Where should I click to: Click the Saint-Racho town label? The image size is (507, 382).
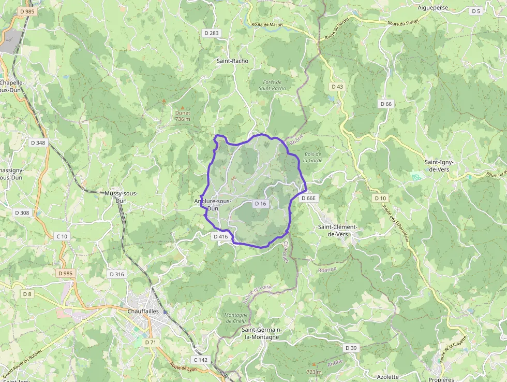232,61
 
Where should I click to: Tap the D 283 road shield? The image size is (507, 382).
212,33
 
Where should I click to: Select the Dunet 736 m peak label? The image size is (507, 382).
183,116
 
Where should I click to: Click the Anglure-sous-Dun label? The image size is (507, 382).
213,205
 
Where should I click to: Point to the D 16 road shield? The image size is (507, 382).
260,204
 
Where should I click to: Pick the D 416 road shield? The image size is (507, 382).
220,236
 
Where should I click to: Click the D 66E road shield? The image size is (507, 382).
308,198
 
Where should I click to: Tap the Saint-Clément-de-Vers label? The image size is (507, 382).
338,231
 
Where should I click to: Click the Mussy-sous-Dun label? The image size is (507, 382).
121,196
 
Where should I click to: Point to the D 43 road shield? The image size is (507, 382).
337,87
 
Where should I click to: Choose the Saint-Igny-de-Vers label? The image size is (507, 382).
439,165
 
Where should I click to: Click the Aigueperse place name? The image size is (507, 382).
433,8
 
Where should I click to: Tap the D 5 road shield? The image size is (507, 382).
476,11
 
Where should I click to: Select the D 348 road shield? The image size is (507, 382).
38,143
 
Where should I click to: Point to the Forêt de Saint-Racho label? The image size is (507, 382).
272,85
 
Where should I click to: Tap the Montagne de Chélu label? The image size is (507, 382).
235,318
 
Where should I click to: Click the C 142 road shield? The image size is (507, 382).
201,360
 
